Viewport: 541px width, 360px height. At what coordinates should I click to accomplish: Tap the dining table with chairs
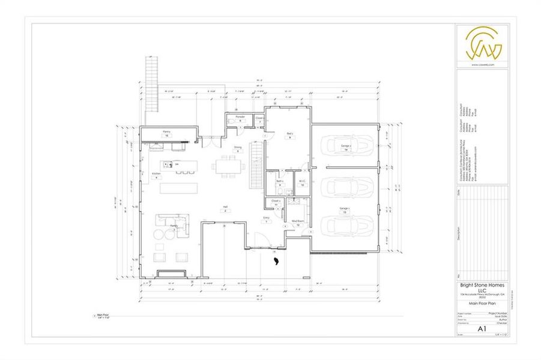pyautogui.click(x=229, y=166)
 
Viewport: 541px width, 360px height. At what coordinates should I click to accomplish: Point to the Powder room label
pyautogui.click(x=240, y=117)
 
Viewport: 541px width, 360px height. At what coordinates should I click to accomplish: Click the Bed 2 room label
pyautogui.click(x=289, y=134)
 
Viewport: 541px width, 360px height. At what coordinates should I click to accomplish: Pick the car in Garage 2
pyautogui.click(x=345, y=146)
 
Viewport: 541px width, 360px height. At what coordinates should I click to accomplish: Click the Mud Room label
pyautogui.click(x=297, y=221)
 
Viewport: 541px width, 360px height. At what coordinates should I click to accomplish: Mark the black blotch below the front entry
pyautogui.click(x=276, y=262)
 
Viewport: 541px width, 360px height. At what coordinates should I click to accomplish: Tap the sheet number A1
pyautogui.click(x=481, y=329)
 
